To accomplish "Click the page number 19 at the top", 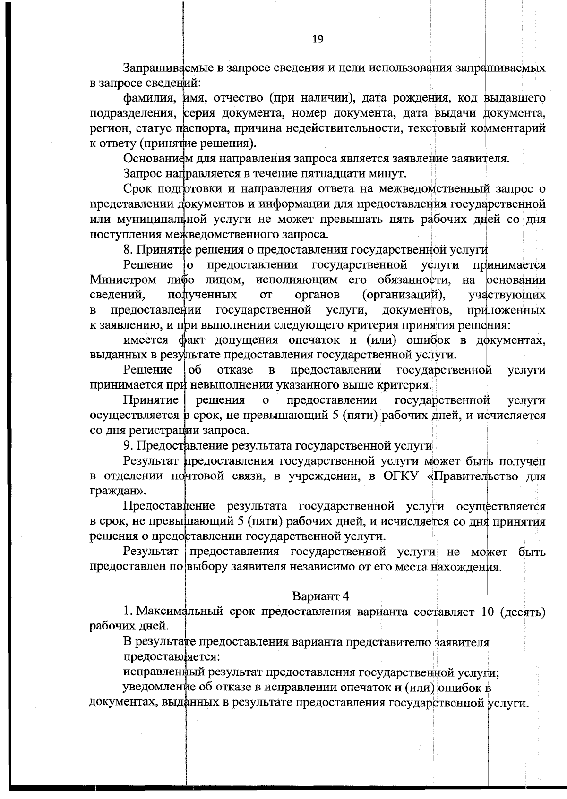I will pos(318,39).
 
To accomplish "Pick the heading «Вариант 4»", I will pos(320,596).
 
